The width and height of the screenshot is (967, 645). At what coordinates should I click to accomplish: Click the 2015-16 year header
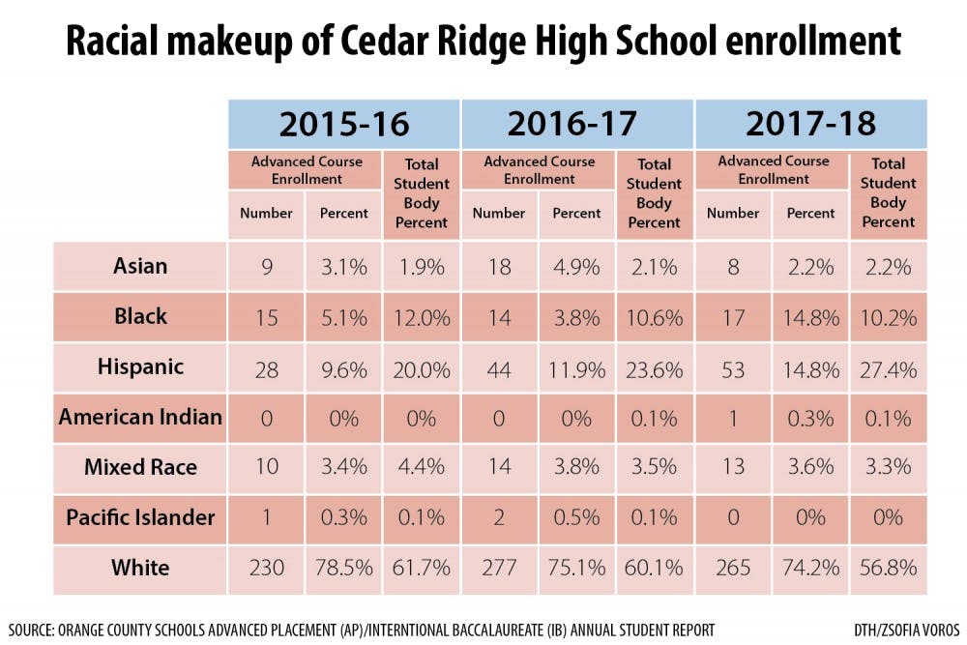344,124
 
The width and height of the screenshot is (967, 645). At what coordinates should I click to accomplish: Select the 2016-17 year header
577,124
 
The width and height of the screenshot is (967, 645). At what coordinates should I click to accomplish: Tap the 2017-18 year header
810,124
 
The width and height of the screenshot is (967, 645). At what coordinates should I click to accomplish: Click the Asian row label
140,266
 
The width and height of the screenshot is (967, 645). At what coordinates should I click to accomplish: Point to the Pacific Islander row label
140,517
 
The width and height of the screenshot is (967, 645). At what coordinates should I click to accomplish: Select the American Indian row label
140,417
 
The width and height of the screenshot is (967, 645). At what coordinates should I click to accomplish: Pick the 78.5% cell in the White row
344,569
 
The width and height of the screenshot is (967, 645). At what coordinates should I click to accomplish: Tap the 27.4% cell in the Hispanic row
888,368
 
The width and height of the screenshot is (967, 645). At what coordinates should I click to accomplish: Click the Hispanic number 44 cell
499,368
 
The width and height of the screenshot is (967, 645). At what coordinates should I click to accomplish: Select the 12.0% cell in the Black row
422,317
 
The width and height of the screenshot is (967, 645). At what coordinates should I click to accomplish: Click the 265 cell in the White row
732,569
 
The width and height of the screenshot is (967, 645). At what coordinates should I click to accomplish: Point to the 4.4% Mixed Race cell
422,468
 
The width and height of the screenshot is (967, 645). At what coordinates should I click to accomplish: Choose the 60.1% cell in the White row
655,569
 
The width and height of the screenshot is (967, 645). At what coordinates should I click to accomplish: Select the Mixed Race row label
140,467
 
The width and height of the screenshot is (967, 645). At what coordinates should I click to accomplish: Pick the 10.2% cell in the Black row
888,317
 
